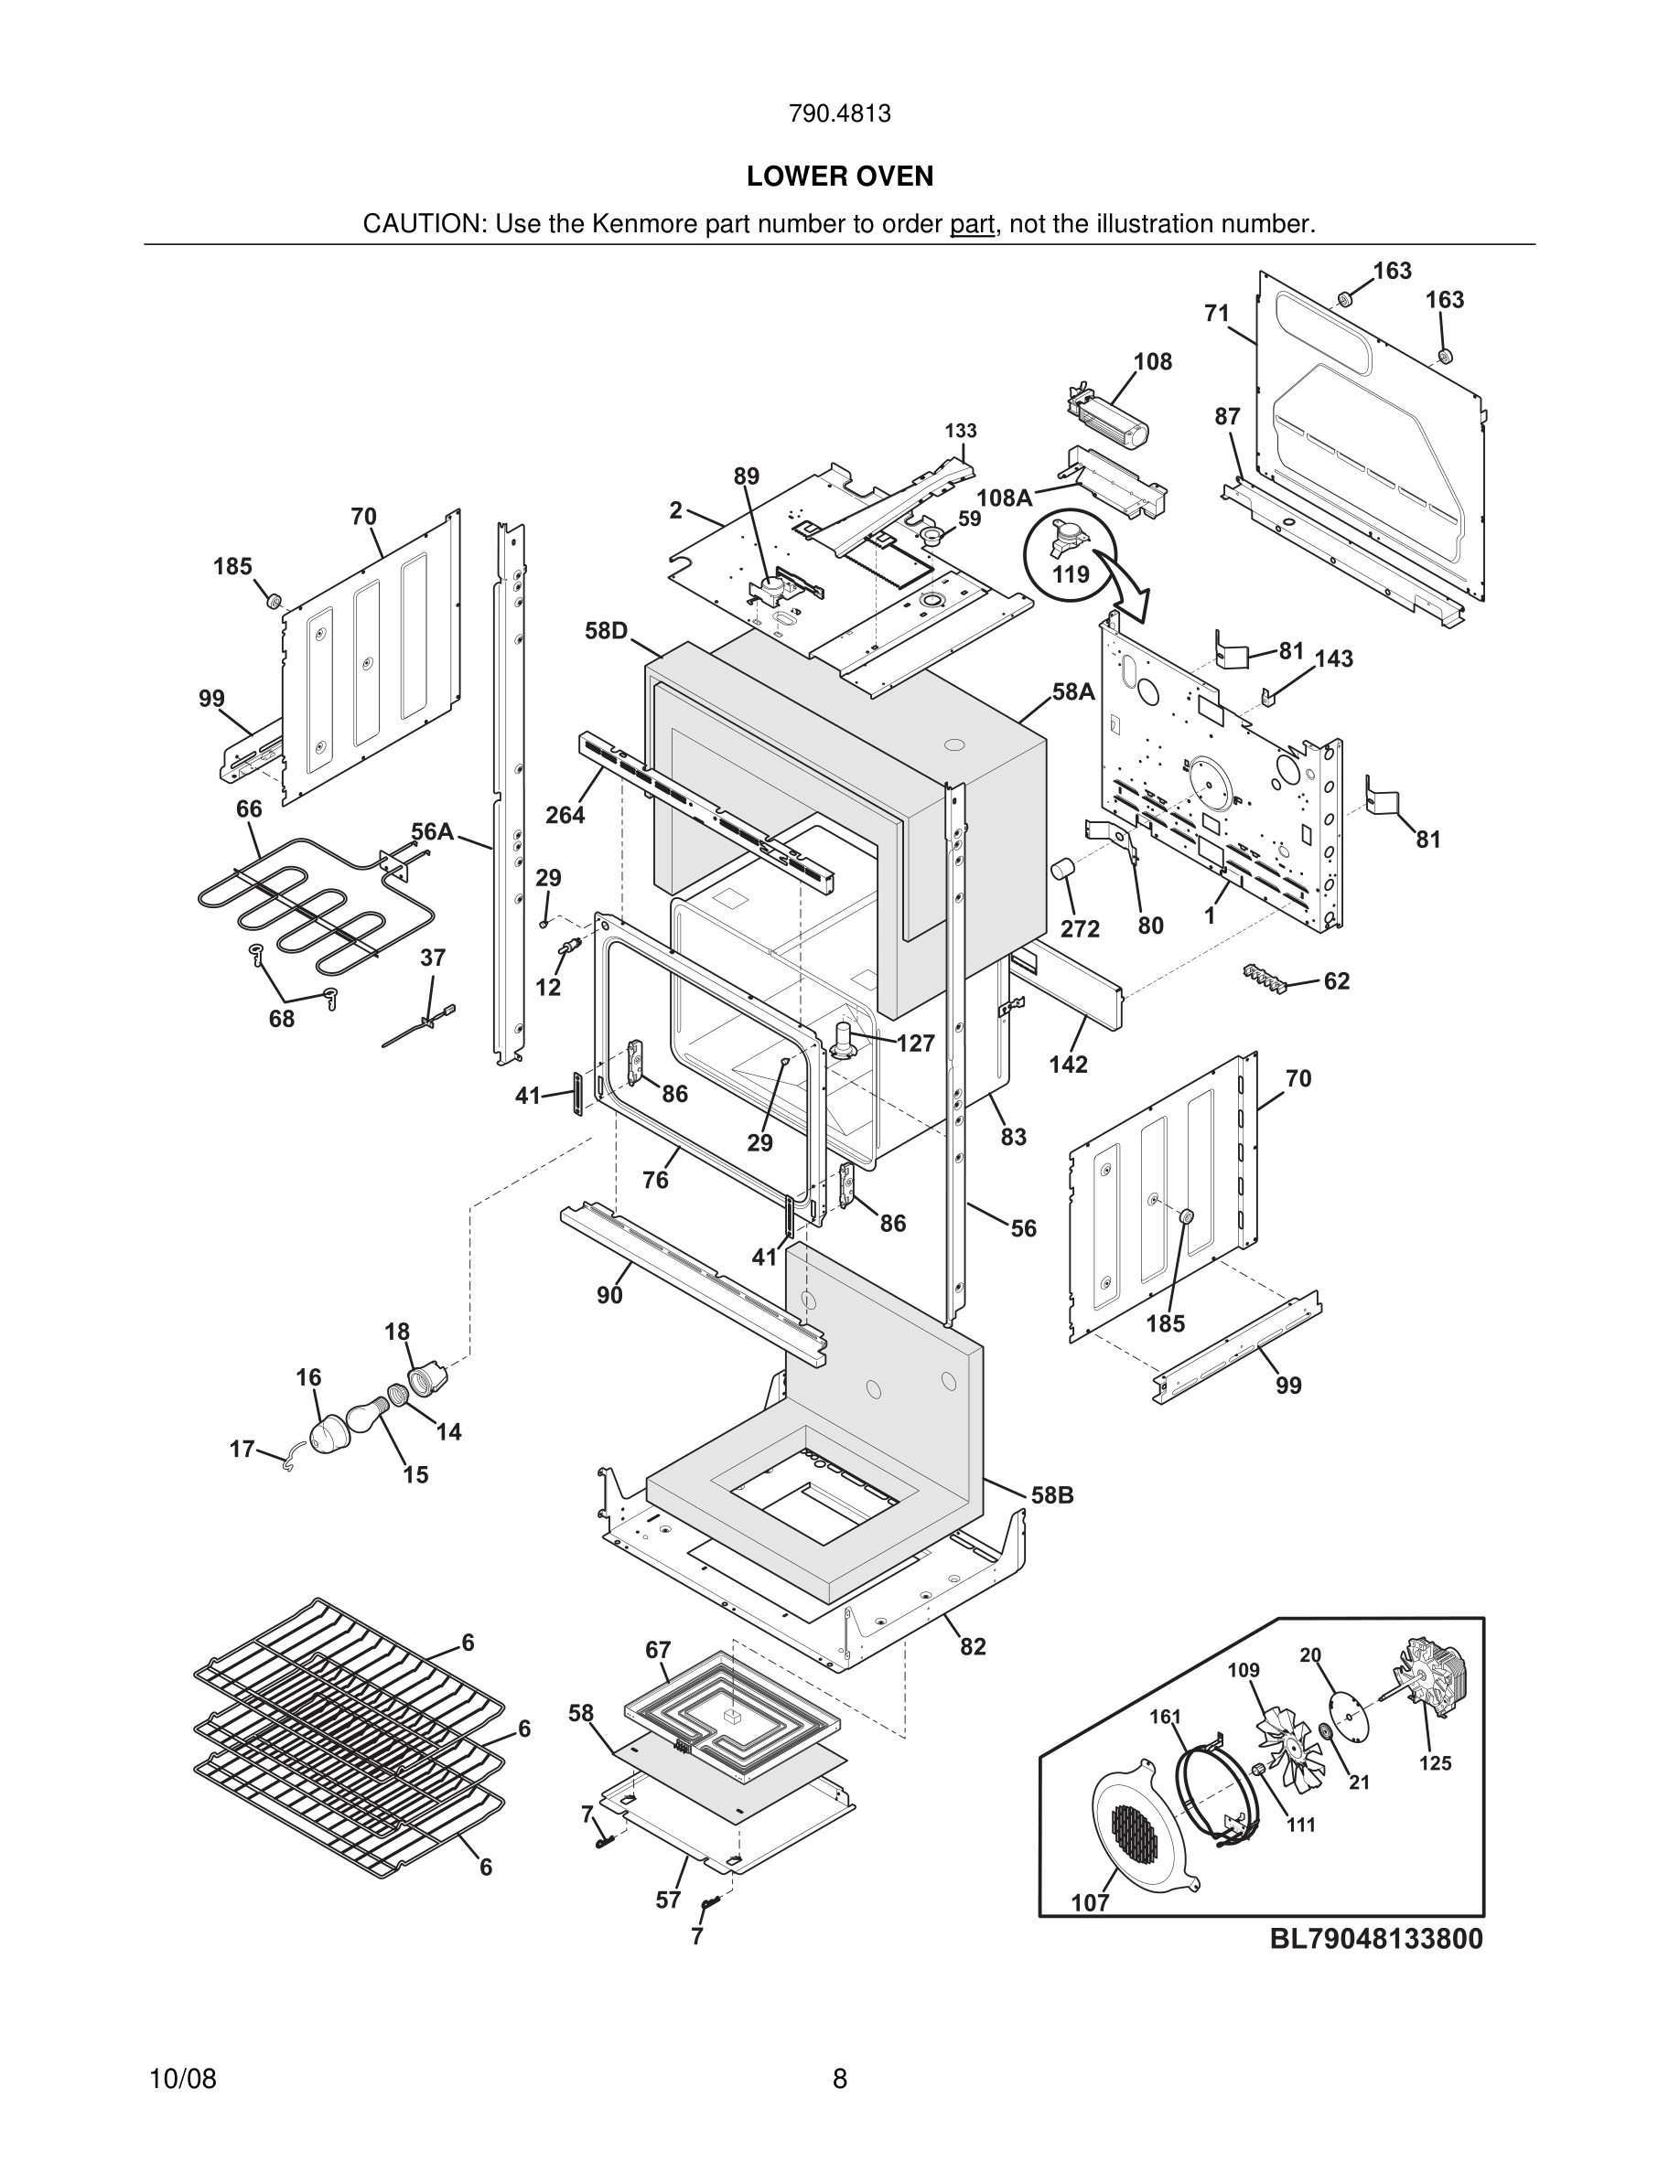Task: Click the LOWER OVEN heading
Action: coord(839,177)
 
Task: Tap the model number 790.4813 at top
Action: coord(839,113)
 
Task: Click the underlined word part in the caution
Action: coord(972,224)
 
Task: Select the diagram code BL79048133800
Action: coord(1375,1938)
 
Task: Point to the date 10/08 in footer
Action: coord(182,2079)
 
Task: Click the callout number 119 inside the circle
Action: coord(1071,574)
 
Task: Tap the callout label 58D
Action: coord(606,631)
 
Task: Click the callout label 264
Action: coord(565,815)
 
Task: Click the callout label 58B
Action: coord(1052,1495)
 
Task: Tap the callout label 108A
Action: coord(1003,498)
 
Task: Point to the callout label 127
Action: coord(915,1043)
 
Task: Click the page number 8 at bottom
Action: coord(839,2079)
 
